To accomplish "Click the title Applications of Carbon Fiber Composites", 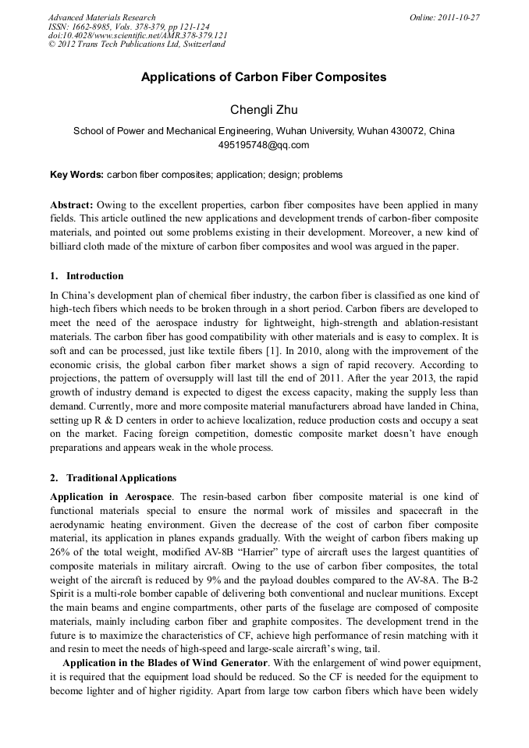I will [264, 78].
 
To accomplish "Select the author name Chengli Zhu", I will [264, 108].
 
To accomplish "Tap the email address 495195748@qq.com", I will [264, 145].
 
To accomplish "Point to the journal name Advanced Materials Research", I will [101, 17].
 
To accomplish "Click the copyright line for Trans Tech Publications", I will [137, 44].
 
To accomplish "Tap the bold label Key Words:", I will [76, 175].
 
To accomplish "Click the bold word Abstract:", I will [72, 204].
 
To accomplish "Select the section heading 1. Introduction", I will [87, 276].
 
